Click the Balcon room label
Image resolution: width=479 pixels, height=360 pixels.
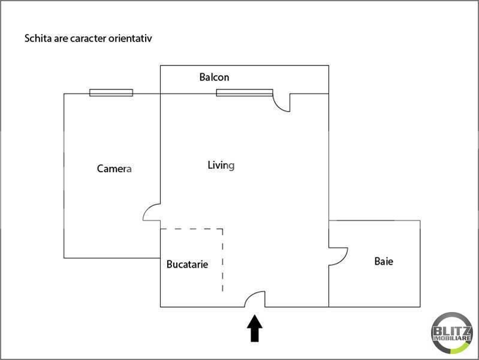coord(214,77)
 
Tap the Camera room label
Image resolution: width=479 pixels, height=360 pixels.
coord(115,169)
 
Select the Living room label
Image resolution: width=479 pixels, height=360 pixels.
coord(221,166)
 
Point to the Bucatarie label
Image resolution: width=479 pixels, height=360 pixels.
coord(187,264)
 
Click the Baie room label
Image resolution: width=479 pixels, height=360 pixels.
coord(384,261)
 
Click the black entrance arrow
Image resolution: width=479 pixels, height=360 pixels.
coord(254,328)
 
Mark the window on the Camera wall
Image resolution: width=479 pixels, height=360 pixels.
coord(111,92)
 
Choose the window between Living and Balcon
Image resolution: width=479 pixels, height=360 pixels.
coord(245,92)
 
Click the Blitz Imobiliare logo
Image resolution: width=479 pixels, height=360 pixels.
coord(452,333)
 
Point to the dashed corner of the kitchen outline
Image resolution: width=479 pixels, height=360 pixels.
coord(222,229)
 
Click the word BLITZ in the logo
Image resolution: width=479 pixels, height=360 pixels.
coord(452,331)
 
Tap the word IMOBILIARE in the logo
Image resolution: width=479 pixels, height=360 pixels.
coord(452,338)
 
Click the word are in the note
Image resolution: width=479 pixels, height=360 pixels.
coord(61,39)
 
